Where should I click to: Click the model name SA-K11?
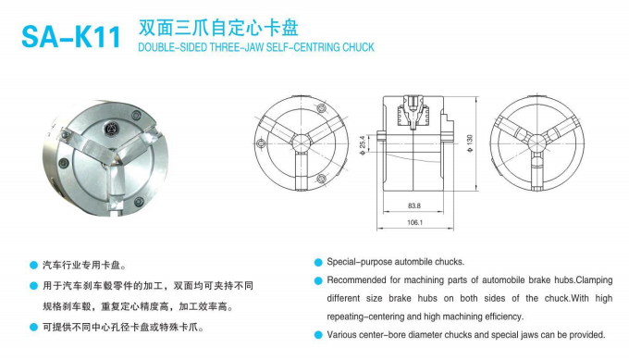(x=71, y=37)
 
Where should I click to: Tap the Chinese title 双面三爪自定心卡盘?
(x=218, y=28)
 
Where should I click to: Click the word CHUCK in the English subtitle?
(x=358, y=47)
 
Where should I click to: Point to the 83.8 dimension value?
(x=414, y=205)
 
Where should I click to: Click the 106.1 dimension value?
(x=414, y=222)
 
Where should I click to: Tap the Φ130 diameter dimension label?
(x=470, y=143)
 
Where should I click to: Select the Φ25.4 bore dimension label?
(x=363, y=145)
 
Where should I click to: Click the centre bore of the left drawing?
(x=302, y=143)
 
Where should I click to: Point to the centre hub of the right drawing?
(x=537, y=143)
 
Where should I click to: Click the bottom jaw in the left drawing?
(x=302, y=170)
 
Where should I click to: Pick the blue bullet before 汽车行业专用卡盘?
(x=33, y=266)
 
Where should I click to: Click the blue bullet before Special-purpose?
(x=318, y=263)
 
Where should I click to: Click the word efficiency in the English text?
(x=504, y=317)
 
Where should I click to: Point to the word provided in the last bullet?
(x=587, y=335)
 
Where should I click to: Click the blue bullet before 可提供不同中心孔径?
(x=33, y=328)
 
